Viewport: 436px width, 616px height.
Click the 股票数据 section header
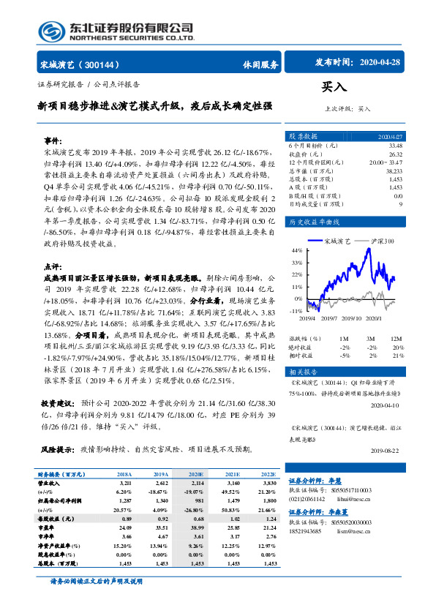(303, 136)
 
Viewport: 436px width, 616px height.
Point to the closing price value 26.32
(396, 154)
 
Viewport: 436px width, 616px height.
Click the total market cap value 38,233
(393, 170)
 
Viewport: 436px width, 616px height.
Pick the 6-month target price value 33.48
(396, 146)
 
